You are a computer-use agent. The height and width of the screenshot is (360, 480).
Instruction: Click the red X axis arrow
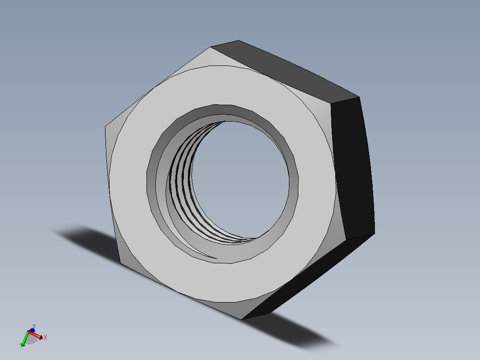pos(39,335)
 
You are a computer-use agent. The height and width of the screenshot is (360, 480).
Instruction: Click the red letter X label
pos(45,338)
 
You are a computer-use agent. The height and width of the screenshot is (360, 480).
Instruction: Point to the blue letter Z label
pos(34,326)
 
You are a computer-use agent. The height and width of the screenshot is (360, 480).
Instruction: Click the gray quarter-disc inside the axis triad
pos(31,340)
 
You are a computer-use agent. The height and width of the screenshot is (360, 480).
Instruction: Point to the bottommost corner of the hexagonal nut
pos(242,319)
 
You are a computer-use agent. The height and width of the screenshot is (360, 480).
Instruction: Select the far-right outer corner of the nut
pos(374,233)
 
